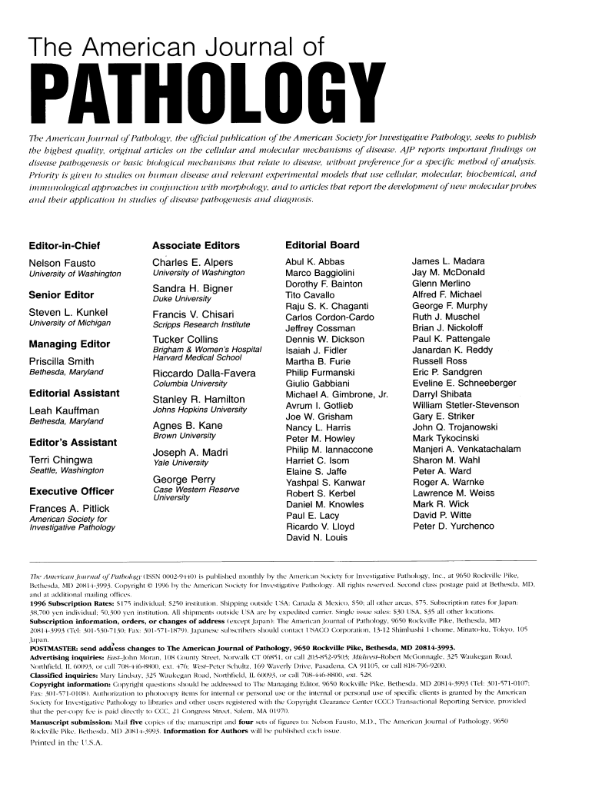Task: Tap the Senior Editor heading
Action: (x=62, y=294)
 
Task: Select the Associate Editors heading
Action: (x=196, y=245)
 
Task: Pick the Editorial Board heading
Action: (x=321, y=245)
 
